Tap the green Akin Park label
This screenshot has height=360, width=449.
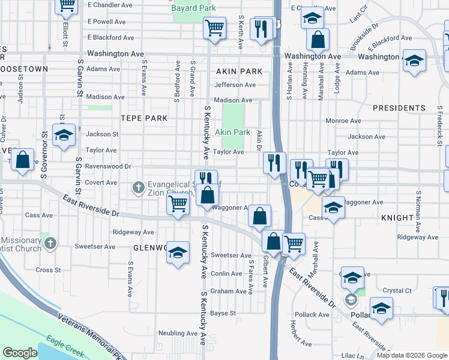pyautogui.click(x=232, y=132)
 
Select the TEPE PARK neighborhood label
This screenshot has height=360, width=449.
pyautogui.click(x=143, y=118)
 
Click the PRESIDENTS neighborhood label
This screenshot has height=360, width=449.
pyautogui.click(x=399, y=108)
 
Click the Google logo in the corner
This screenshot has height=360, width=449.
pyautogui.click(x=20, y=353)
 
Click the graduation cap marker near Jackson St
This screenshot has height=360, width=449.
pyautogui.click(x=64, y=135)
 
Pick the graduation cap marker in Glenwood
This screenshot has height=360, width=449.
pyautogui.click(x=178, y=253)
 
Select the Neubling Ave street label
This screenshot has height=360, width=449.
pyautogui.click(x=173, y=333)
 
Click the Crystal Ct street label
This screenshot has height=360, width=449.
pyautogui.click(x=397, y=290)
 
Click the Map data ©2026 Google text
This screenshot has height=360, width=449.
pyautogui.click(x=412, y=355)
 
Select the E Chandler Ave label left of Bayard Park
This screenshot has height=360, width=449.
pyautogui.click(x=110, y=5)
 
